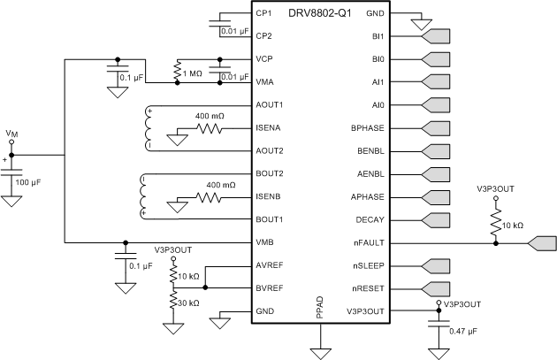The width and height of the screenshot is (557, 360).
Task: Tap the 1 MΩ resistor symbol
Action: [x=179, y=72]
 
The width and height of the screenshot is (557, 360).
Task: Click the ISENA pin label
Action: [x=270, y=127]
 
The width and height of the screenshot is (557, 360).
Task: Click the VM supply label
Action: [x=11, y=134]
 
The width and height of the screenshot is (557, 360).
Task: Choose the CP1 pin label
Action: [x=263, y=15]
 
